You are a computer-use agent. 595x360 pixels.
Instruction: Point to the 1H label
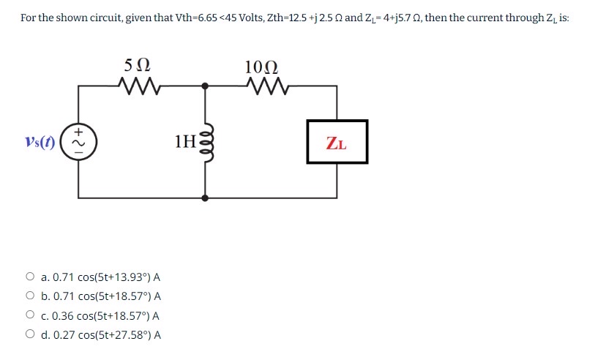tap(185, 141)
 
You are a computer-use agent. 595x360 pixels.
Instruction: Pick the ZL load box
tap(337, 142)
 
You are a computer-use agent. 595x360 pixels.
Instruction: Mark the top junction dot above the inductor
tap(205, 86)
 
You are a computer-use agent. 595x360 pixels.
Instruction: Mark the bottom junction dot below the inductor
tap(205, 198)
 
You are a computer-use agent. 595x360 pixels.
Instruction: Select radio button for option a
tap(30, 277)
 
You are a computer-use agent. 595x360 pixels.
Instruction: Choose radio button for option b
tap(30, 296)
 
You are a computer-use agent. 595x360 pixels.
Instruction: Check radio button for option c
tap(30, 315)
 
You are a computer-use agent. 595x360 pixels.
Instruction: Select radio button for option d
tap(30, 335)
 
